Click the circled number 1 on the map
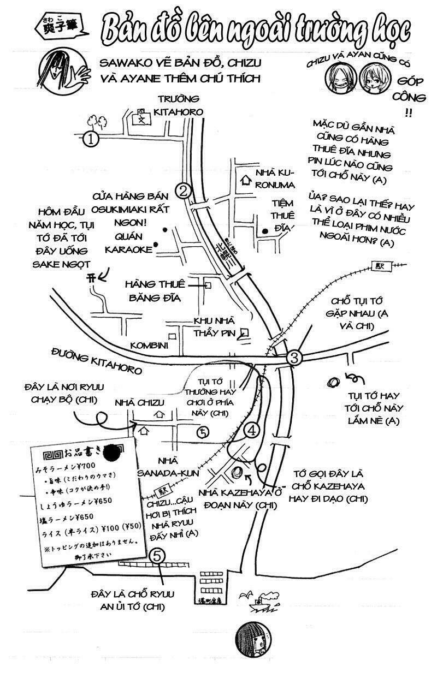pos(91,139)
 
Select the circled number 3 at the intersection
pos(294,358)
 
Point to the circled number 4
pos(251,430)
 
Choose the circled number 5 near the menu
pos(157,556)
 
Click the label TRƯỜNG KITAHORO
pos(179,105)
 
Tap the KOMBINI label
pos(149,346)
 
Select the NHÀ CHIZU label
pos(139,402)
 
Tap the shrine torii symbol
pos(91,278)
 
